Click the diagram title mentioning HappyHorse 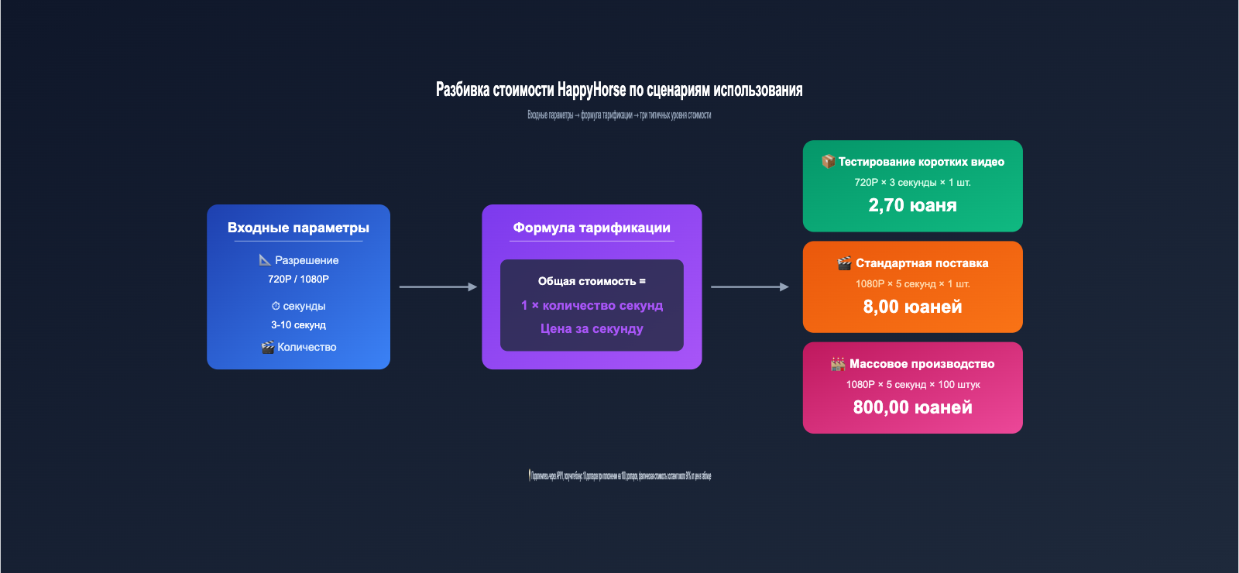pyautogui.click(x=619, y=90)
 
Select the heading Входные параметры pyautogui.click(x=298, y=228)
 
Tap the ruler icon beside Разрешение pyautogui.click(x=265, y=260)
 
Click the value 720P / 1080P pyautogui.click(x=298, y=279)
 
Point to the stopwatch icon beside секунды pyautogui.click(x=276, y=306)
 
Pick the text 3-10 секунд pyautogui.click(x=298, y=325)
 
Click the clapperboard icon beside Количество pyautogui.click(x=268, y=347)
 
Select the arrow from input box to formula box pyautogui.click(x=438, y=286)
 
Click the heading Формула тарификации pyautogui.click(x=592, y=228)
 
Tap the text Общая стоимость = pyautogui.click(x=592, y=281)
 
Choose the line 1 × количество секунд pyautogui.click(x=592, y=305)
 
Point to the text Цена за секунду pyautogui.click(x=592, y=328)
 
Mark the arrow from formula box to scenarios pyautogui.click(x=750, y=286)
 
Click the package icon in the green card pyautogui.click(x=828, y=161)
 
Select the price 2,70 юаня pyautogui.click(x=912, y=205)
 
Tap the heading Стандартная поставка pyautogui.click(x=922, y=263)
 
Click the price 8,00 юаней pyautogui.click(x=912, y=307)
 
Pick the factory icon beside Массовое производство pyautogui.click(x=838, y=364)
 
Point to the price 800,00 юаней pyautogui.click(x=912, y=407)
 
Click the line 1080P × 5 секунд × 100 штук pyautogui.click(x=912, y=385)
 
